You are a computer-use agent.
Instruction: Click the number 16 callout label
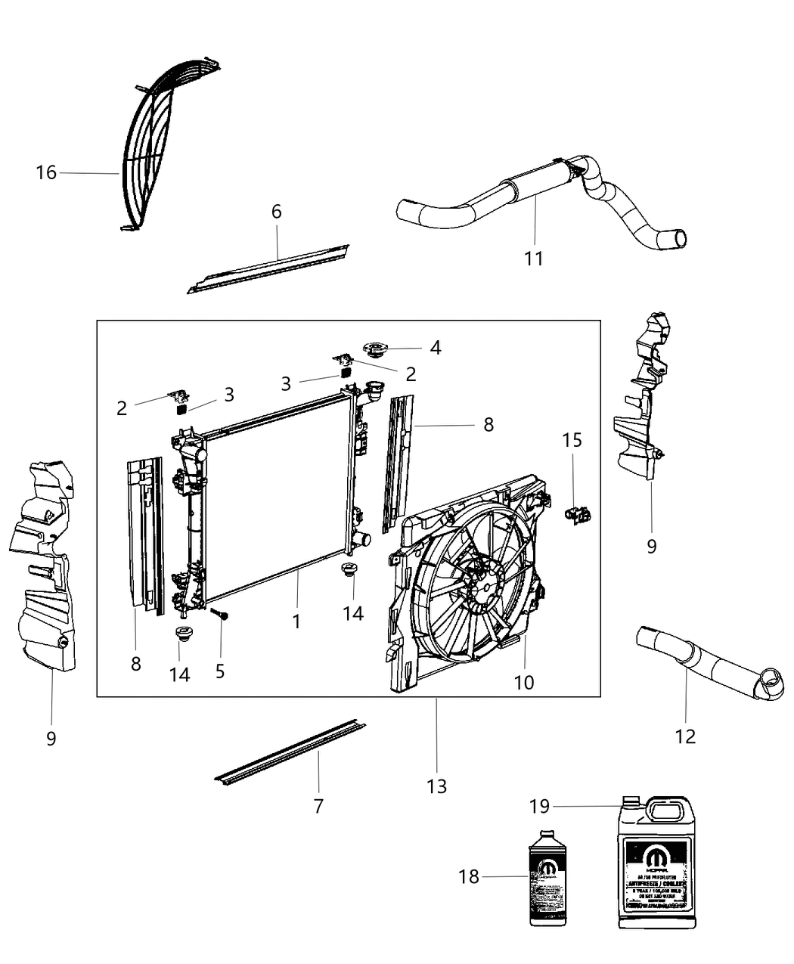[x=46, y=172]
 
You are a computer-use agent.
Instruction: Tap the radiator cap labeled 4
[x=375, y=350]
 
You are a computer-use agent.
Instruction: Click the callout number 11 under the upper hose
[x=534, y=259]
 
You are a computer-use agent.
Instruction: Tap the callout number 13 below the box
[x=436, y=786]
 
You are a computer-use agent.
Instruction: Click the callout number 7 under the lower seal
[x=318, y=806]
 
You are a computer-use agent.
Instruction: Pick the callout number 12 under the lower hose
[x=685, y=736]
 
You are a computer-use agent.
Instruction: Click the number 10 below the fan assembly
[x=524, y=682]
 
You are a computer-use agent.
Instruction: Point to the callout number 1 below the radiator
[x=296, y=621]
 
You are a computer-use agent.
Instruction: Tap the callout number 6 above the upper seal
[x=277, y=211]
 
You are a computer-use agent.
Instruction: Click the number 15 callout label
[x=572, y=439]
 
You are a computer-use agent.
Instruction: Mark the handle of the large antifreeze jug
[x=665, y=814]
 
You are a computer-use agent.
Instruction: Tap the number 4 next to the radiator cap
[x=435, y=347]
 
